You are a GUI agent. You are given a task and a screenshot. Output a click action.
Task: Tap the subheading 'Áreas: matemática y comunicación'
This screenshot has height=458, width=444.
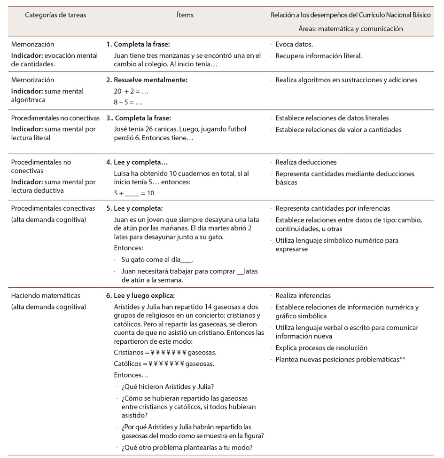351,28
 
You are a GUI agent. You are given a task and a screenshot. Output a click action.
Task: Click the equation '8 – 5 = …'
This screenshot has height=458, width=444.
128,102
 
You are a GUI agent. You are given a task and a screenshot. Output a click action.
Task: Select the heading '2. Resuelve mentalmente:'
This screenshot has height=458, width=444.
147,80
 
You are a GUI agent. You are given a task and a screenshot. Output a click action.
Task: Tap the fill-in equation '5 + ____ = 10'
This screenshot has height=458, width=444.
134,193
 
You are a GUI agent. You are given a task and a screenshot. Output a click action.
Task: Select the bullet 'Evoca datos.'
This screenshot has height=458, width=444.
294,44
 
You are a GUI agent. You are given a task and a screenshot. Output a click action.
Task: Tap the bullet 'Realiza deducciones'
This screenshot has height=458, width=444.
306,162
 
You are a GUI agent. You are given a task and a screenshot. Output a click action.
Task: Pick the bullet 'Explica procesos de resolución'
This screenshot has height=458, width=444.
321,348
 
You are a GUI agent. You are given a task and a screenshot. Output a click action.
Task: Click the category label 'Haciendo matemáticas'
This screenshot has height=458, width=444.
46,296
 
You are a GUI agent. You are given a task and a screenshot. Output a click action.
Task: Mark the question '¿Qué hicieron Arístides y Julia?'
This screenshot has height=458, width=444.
168,387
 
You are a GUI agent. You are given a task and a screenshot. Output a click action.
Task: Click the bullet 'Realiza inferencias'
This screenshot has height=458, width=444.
303,296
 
